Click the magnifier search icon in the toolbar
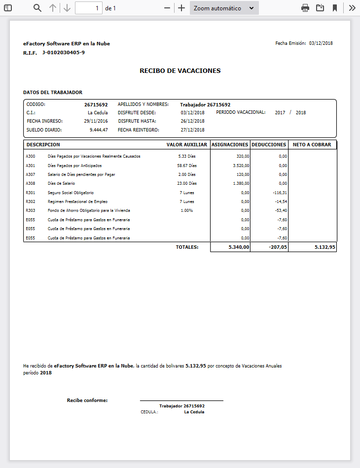coord(37,8)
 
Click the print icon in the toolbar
coord(305,8)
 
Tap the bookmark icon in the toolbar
coord(335,8)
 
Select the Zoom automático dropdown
coord(224,8)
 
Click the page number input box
coord(89,8)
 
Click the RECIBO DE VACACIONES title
coord(180,71)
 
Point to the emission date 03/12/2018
coord(321,43)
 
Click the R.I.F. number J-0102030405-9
coord(63,52)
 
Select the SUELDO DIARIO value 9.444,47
coord(99,130)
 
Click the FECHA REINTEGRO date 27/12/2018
coord(192,130)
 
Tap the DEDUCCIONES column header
coord(269,145)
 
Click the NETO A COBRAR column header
coord(312,145)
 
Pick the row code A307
coord(30,174)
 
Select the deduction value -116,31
coord(280,193)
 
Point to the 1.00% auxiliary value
coord(187,211)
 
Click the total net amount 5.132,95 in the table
coord(324,247)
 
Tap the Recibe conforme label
coord(87,401)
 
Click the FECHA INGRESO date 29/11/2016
coord(96,121)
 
